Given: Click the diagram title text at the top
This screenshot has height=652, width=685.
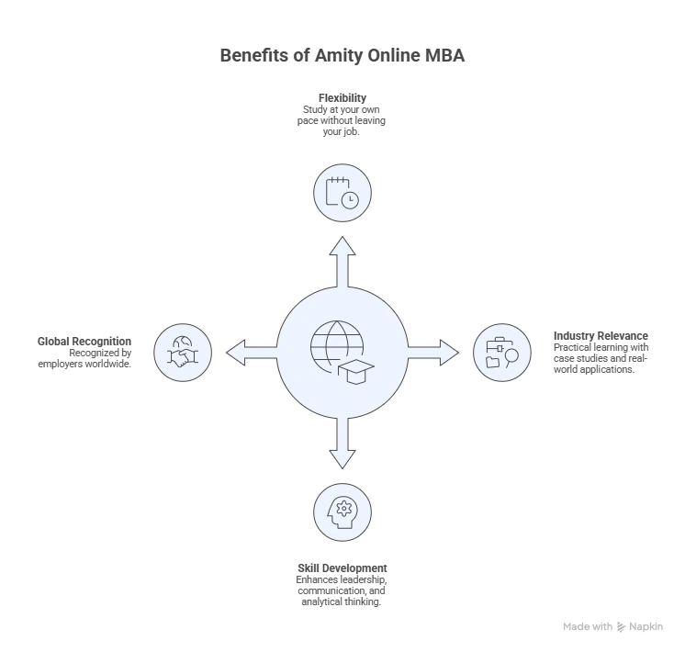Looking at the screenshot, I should (345, 57).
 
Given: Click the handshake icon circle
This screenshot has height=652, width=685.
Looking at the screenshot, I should (183, 352).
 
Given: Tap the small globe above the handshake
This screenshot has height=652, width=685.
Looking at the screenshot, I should (181, 339).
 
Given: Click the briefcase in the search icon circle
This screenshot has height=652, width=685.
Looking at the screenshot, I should (495, 346).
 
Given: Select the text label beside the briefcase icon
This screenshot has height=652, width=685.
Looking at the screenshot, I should (601, 353).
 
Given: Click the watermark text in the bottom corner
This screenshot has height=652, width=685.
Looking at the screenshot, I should (612, 624).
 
